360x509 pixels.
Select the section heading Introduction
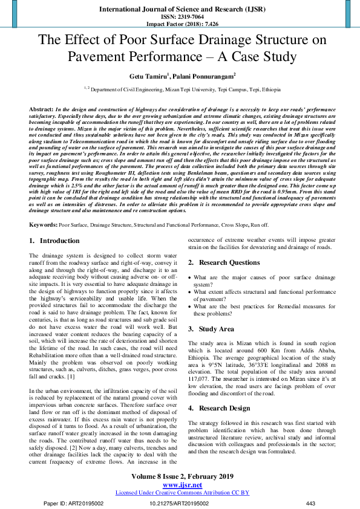[x=59, y=241]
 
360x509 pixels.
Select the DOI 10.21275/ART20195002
[x=180, y=503]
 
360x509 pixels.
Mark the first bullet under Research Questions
[x=191, y=277]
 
